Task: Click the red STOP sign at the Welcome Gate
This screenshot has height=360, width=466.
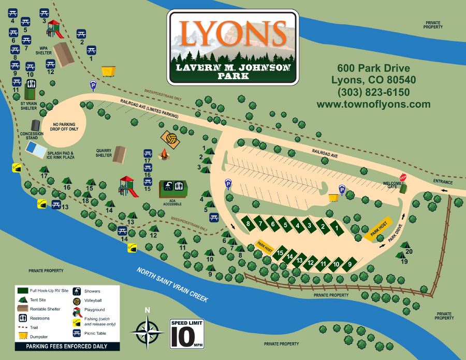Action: point(403,177)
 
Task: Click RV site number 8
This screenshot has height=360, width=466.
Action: point(249,223)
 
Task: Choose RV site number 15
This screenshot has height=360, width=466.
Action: point(280,253)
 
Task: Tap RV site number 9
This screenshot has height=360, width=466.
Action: point(350,264)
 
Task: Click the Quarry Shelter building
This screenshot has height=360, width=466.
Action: point(120,154)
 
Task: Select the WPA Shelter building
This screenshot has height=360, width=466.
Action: point(64,53)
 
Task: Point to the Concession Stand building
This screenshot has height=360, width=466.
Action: point(35,125)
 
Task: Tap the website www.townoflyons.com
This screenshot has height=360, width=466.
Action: point(373,104)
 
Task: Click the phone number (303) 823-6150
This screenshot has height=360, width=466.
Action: point(373,92)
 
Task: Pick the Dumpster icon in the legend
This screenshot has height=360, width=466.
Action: point(22,335)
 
